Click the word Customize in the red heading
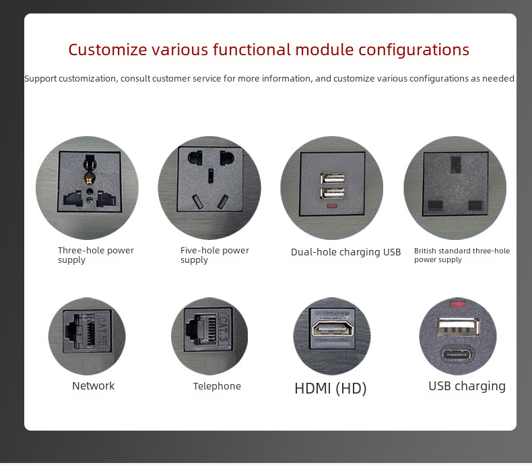[x=107, y=50]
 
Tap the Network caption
[x=94, y=386]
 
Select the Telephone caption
[x=217, y=386]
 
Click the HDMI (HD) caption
[x=331, y=388]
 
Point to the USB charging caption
[x=467, y=386]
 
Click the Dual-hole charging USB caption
[x=345, y=252]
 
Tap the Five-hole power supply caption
[x=214, y=255]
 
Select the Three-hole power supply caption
[x=96, y=255]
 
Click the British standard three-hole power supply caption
[x=461, y=255]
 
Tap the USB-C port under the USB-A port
[x=458, y=355]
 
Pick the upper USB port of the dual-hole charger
[x=332, y=179]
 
